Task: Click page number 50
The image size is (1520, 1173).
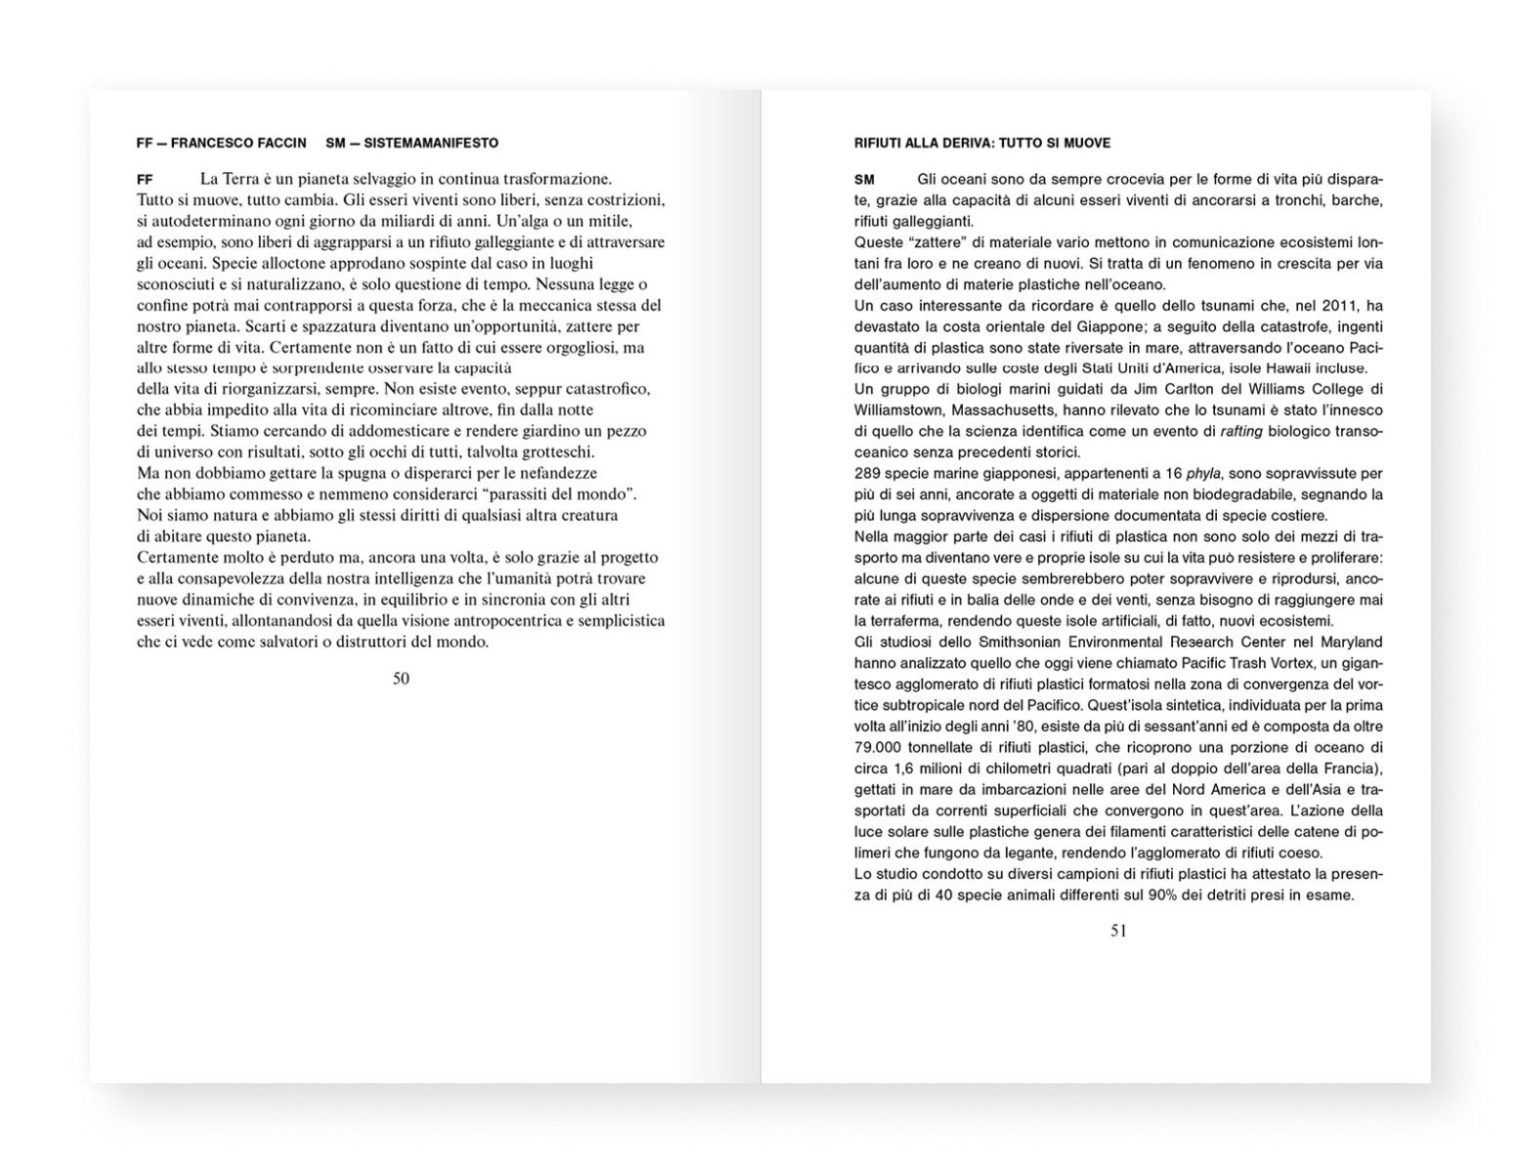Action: [x=401, y=678]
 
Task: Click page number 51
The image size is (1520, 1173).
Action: [x=1118, y=931]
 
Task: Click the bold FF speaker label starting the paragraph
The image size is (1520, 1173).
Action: [x=145, y=180]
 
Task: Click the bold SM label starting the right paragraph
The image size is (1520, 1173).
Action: [x=864, y=180]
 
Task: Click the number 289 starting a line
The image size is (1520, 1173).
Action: [x=868, y=473]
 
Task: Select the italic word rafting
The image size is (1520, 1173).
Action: [x=1241, y=431]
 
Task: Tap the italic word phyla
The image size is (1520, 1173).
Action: [x=1203, y=473]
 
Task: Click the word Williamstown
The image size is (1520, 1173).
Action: [x=898, y=410]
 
